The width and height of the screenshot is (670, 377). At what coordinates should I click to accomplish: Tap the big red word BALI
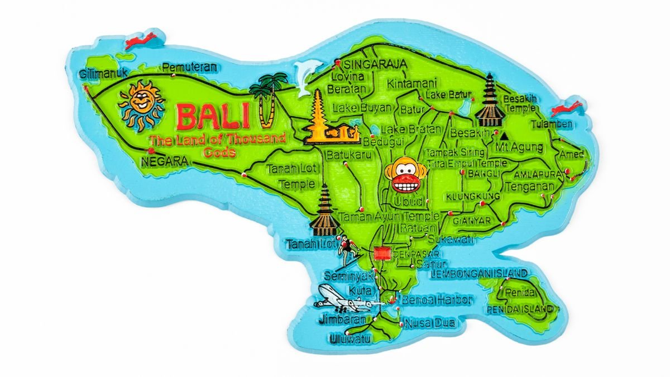pyautogui.click(x=213, y=117)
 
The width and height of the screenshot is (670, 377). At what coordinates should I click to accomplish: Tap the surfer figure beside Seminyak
pyautogui.click(x=348, y=251)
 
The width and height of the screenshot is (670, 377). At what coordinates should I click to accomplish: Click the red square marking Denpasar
pyautogui.click(x=382, y=253)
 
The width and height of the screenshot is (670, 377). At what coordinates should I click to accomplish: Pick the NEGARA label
pyautogui.click(x=164, y=162)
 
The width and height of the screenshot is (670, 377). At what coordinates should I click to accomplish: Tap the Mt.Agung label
pyautogui.click(x=519, y=147)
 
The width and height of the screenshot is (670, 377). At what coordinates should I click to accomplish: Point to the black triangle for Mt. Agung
pyautogui.click(x=505, y=135)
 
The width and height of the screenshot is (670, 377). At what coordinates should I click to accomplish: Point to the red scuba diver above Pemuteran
pyautogui.click(x=141, y=41)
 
